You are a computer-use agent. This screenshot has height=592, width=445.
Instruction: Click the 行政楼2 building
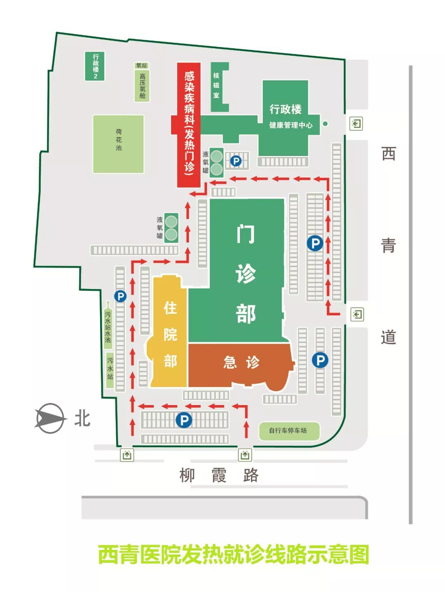pyautogui.click(x=95, y=66)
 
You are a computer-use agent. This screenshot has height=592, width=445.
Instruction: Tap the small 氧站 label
pyautogui.click(x=141, y=65)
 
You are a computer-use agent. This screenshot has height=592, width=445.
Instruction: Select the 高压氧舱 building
pyautogui.click(x=142, y=86)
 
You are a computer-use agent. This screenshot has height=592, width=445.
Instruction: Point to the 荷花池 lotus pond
pyautogui.click(x=118, y=144)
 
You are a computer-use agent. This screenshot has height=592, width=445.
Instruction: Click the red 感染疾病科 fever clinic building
pyautogui.click(x=189, y=124)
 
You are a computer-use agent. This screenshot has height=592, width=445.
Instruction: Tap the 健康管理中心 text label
pyautogui.click(x=290, y=125)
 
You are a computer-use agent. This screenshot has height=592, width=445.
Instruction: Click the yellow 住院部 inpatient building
pyautogui.click(x=169, y=333)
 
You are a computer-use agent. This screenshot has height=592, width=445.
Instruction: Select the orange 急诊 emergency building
pyautogui.click(x=241, y=363)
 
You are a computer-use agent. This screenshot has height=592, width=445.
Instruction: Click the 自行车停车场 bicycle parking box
pyautogui.click(x=288, y=431)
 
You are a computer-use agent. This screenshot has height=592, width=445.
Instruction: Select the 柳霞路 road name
pyautogui.click(x=219, y=475)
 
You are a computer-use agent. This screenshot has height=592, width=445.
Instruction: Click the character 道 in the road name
pyautogui.click(x=388, y=337)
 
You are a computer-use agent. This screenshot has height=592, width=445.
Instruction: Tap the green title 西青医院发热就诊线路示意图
pyautogui.click(x=233, y=555)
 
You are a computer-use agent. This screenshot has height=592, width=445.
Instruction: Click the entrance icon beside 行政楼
pyautogui.click(x=356, y=124)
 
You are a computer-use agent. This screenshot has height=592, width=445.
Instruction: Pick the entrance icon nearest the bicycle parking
pyautogui.click(x=245, y=455)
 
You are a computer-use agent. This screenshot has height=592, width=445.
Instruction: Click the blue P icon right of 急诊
pyautogui.click(x=320, y=360)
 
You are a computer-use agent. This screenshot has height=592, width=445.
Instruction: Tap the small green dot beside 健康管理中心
pyautogui.click(x=325, y=124)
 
